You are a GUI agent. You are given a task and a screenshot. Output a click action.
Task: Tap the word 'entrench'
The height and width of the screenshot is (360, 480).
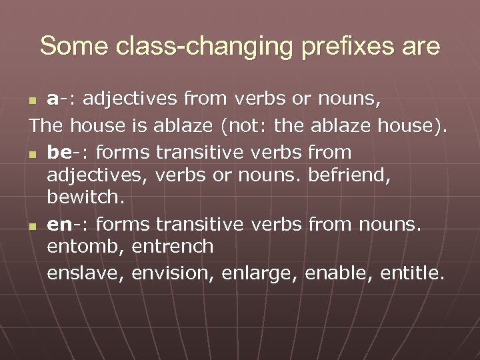[x=173, y=248]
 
